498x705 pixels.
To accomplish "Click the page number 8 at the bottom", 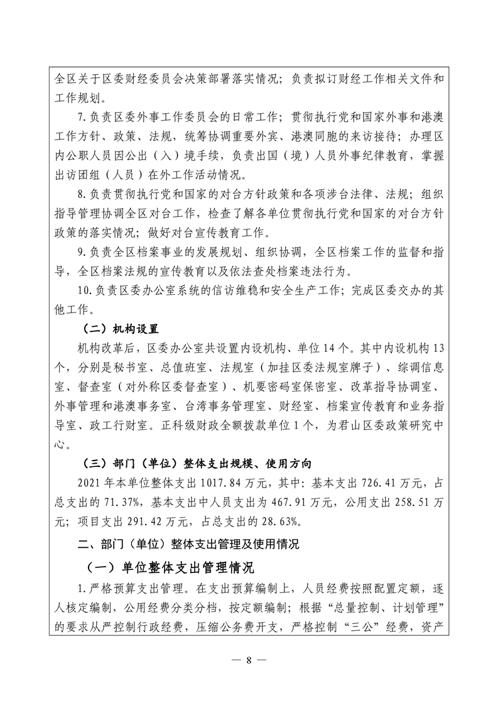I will click(x=249, y=660).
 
